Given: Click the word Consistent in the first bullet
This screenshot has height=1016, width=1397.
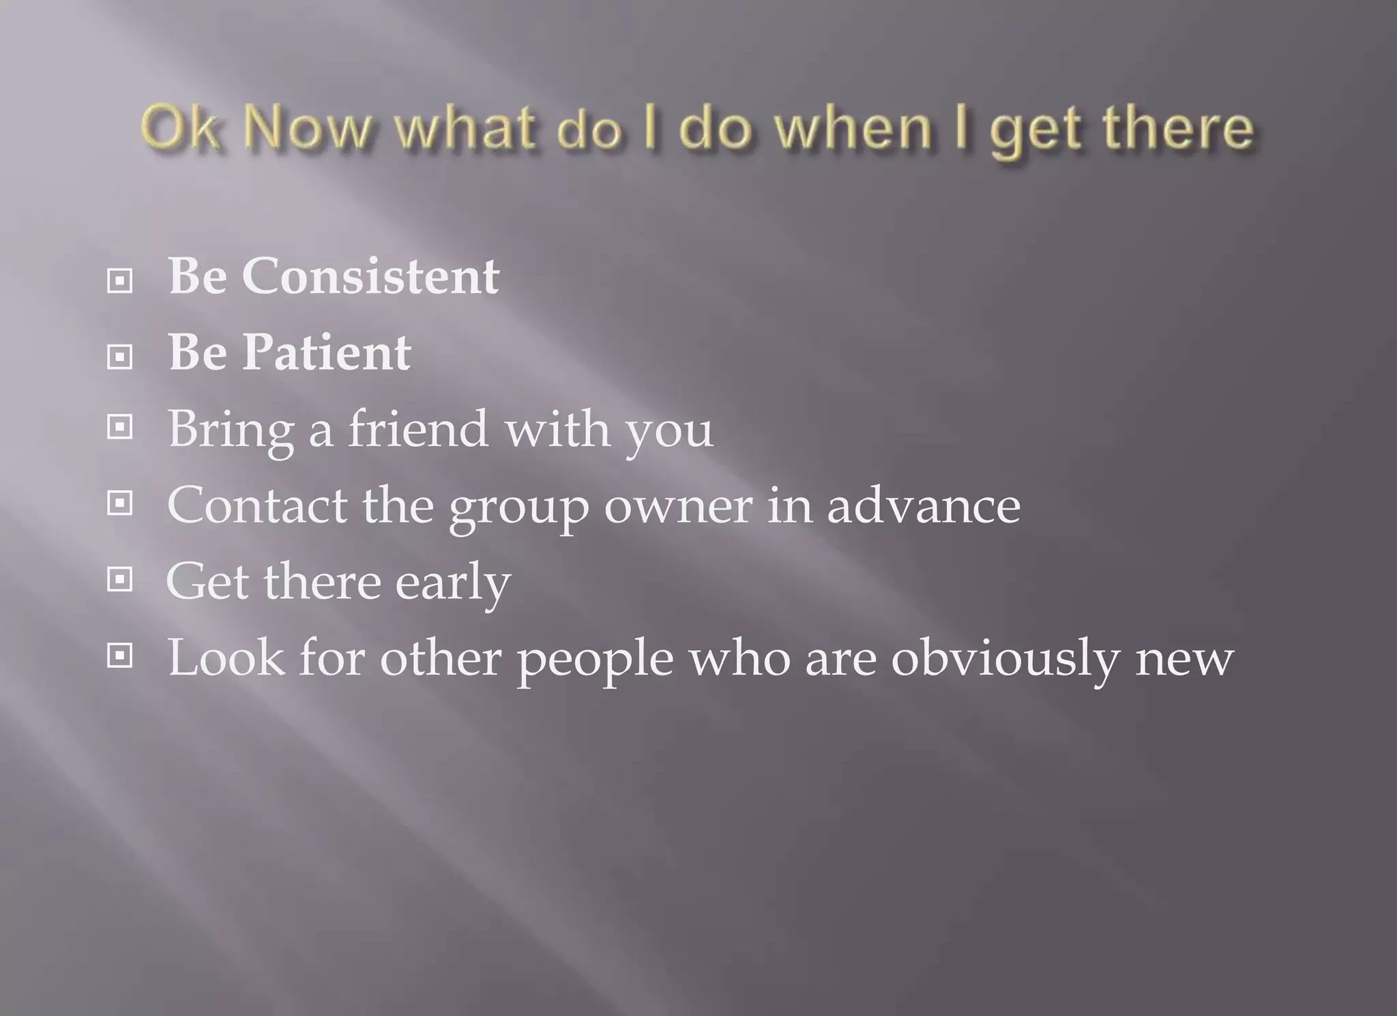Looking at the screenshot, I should click(370, 276).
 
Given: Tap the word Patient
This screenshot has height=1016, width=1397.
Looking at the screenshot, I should click(326, 353).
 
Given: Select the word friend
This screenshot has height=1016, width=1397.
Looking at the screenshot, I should click(417, 429).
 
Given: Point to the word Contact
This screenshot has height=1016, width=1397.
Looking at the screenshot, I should click(256, 506).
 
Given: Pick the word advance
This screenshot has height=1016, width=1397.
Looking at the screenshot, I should click(924, 506).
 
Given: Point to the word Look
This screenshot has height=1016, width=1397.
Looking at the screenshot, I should click(226, 658).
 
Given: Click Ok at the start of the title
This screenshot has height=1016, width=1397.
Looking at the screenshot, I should click(179, 128).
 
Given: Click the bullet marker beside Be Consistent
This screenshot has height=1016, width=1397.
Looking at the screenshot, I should click(120, 280).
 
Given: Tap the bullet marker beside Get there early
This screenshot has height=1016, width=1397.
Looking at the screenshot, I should click(120, 580).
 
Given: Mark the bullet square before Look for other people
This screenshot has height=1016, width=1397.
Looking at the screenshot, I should click(120, 656).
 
